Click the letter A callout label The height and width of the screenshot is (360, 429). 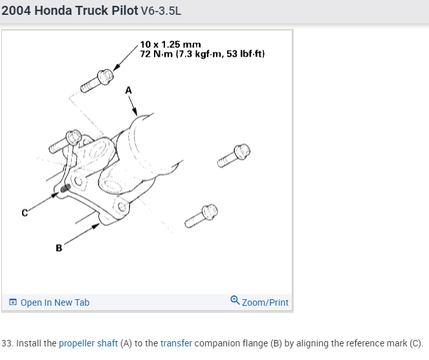128,90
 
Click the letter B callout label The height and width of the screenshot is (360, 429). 59,248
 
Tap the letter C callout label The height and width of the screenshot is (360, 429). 25,213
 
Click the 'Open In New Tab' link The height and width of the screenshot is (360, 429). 55,302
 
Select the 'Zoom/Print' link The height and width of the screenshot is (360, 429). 265,302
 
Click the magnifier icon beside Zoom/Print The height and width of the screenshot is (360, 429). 235,300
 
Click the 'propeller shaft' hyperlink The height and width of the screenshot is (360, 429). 88,343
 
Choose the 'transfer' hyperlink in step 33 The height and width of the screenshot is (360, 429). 176,343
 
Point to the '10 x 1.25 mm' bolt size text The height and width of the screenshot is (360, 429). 170,45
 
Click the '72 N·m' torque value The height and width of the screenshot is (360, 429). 157,54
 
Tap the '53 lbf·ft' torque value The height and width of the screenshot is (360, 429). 245,54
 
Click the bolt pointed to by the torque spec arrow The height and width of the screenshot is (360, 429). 97,81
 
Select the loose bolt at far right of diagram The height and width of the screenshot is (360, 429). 234,155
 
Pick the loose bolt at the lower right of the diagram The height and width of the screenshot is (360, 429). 201,216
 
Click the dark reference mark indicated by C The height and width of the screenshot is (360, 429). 65,188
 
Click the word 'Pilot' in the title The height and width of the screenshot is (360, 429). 124,10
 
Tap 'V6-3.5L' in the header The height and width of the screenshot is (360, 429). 161,11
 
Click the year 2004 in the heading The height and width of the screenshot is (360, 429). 16,10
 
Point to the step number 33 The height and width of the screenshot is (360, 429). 7,343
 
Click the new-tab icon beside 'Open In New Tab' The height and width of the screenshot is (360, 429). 13,302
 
